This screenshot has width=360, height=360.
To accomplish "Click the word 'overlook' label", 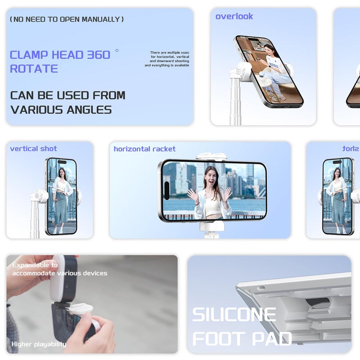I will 234,17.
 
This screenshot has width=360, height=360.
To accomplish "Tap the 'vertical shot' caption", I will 33,149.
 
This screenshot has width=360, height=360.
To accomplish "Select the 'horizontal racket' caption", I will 144,149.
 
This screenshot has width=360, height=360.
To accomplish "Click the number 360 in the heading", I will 99,55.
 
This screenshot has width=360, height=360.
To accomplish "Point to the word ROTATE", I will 34,69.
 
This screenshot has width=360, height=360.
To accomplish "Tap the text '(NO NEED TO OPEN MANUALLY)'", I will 67,19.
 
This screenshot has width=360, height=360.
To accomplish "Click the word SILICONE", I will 234,315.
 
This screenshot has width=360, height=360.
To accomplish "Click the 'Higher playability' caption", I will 39,344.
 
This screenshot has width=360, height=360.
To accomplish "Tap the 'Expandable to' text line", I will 35,265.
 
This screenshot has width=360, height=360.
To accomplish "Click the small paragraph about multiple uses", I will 167,59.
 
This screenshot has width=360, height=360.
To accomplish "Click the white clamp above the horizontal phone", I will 211,157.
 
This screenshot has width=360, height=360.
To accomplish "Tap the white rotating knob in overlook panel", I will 239,72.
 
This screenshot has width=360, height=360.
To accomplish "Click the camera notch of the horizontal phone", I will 166,186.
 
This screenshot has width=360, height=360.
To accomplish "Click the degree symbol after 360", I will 117,50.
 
